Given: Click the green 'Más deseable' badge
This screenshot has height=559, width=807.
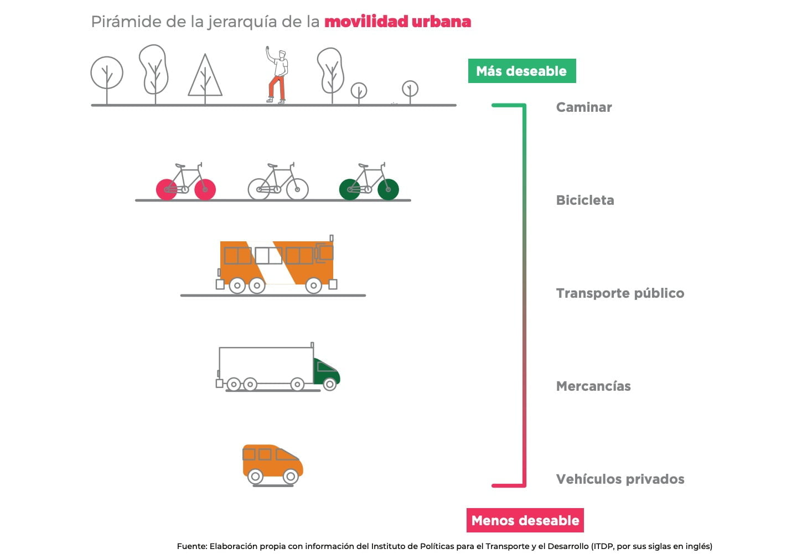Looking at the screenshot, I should click(521, 71).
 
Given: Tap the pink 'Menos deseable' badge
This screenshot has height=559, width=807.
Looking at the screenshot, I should click(525, 520).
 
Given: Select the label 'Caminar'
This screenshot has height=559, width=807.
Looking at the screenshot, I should click(583, 107).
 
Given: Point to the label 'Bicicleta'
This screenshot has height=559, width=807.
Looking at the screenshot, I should click(584, 200).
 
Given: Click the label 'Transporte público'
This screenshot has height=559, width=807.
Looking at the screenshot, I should click(619, 293).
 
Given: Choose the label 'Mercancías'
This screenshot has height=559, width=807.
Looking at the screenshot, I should click(593, 386).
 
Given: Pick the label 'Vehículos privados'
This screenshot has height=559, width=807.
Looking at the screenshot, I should click(619, 479).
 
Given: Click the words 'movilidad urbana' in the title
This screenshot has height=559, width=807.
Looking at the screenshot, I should click(397, 22).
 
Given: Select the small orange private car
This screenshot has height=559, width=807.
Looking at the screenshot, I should click(272, 464).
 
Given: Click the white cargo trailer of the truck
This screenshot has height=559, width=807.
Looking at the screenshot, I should click(266, 365).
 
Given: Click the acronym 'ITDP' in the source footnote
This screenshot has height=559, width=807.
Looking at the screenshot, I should click(603, 546).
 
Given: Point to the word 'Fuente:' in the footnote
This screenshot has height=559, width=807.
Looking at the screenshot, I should click(192, 546).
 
